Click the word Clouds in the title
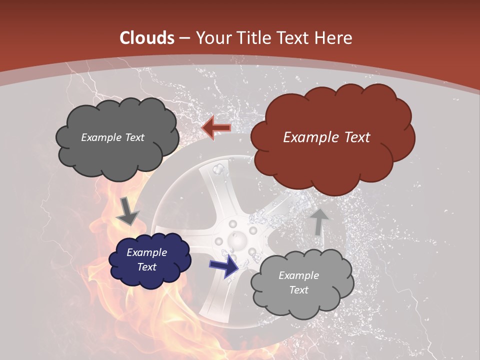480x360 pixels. click(147, 38)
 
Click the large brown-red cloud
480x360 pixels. click(332, 160)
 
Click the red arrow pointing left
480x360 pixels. click(216, 128)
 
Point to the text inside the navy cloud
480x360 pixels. click(146, 260)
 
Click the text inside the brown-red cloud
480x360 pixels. click(326, 137)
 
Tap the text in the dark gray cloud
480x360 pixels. click(112, 137)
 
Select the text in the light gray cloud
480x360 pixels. click(298, 282)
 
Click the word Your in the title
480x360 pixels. click(213, 38)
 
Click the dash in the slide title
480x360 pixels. click(184, 38)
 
